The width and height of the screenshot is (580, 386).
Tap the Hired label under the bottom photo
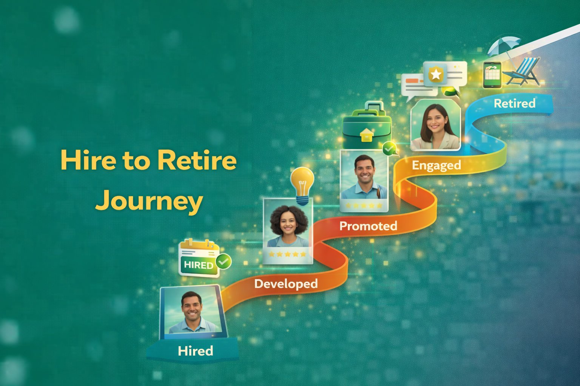click(195, 351)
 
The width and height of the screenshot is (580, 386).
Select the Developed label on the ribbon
click(286, 283)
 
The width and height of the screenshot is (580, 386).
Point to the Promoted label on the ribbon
click(368, 226)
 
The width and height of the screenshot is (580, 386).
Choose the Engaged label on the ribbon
click(436, 165)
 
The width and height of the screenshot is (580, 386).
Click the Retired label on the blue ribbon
click(514, 103)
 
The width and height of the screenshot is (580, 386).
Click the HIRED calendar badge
click(199, 258)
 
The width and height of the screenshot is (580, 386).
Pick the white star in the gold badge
click(436, 74)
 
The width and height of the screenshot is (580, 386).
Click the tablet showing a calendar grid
click(492, 75)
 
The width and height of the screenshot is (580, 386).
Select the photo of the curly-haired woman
click(288, 226)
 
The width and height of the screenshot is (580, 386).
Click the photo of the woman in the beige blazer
click(435, 126)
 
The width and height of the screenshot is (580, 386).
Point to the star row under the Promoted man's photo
click(363, 206)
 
